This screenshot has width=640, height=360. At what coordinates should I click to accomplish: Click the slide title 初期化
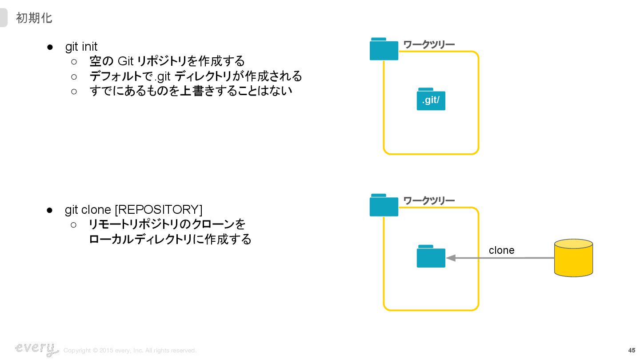[x=34, y=18]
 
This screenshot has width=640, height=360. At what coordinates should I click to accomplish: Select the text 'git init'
[x=81, y=46]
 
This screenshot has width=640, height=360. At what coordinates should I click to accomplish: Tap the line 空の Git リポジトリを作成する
[x=167, y=61]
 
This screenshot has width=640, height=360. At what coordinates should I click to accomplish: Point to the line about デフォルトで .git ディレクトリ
[x=196, y=76]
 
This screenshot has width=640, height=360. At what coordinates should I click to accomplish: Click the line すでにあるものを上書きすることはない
[x=191, y=91]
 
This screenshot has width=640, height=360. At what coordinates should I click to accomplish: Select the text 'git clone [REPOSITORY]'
[x=133, y=209]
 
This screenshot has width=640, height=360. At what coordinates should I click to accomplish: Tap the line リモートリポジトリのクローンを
[x=167, y=224]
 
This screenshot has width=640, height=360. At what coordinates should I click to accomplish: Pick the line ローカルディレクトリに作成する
[x=170, y=239]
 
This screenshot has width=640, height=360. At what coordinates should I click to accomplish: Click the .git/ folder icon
[x=431, y=99]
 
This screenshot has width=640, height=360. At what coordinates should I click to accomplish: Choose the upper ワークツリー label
[x=429, y=44]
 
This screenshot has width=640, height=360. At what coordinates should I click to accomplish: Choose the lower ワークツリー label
[x=429, y=201]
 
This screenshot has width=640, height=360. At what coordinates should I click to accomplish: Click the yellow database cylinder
[x=573, y=258]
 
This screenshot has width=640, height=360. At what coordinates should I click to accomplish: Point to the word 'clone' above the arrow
[x=501, y=250]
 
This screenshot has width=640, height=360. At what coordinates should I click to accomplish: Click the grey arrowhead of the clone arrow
[x=451, y=258]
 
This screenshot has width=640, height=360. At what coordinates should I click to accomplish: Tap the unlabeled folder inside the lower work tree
[x=431, y=256]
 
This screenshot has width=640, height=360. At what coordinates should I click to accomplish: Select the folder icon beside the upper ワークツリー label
[x=384, y=49]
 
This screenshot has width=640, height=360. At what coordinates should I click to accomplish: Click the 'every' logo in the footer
[x=36, y=349]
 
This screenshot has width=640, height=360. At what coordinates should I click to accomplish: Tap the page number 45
[x=632, y=350]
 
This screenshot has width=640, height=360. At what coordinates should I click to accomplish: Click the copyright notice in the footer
[x=130, y=351]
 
